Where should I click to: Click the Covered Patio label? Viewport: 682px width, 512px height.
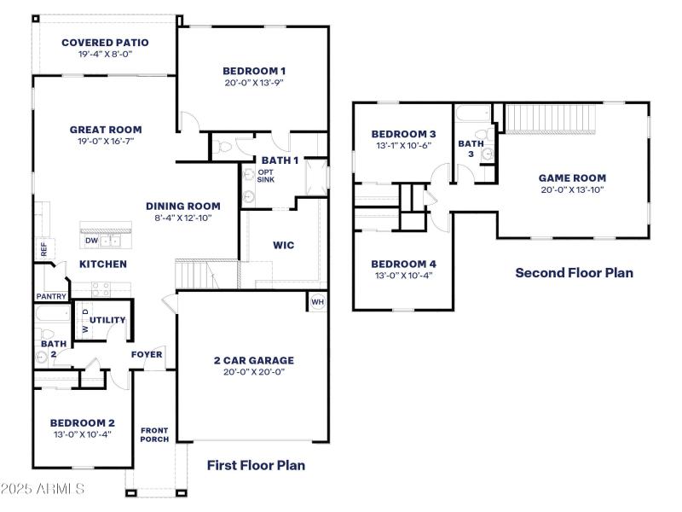[x=105, y=42]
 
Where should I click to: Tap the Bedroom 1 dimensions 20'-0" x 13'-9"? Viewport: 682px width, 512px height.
[x=254, y=84]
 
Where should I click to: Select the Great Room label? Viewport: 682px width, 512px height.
[x=105, y=130]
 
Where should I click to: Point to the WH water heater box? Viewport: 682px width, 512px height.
[x=317, y=301]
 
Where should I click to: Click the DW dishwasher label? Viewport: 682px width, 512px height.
[x=91, y=241]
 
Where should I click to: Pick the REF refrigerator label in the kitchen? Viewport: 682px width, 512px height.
[x=43, y=249]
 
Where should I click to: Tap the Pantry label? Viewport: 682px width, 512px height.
[x=51, y=296]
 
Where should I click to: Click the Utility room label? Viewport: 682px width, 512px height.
[x=107, y=320]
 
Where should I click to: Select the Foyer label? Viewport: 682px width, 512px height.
[x=146, y=354]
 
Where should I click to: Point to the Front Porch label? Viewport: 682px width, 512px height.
[x=154, y=434]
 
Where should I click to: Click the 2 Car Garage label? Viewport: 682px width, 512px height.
[x=253, y=360]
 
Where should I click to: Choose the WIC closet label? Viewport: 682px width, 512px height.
[x=284, y=245]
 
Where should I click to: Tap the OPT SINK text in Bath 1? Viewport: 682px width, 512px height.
[x=266, y=177]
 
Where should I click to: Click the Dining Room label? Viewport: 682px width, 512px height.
[x=182, y=206]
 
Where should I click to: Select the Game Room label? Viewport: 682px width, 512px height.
[x=572, y=178]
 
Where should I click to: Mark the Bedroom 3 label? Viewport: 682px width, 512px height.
[x=404, y=134]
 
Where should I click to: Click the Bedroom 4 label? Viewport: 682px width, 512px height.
[x=404, y=264]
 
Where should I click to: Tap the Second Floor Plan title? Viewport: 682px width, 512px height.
[x=574, y=273]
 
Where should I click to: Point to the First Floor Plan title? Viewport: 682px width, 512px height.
[x=256, y=465]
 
